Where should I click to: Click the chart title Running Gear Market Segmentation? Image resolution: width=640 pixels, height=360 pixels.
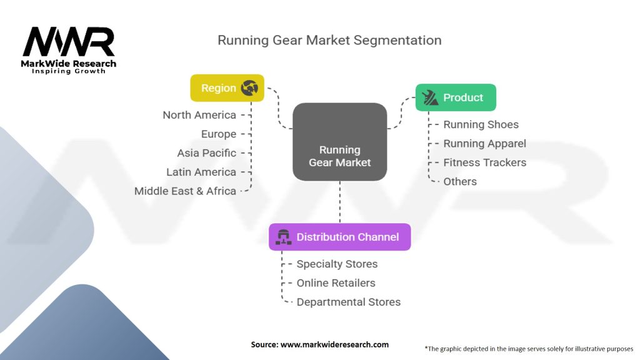pos(329,40)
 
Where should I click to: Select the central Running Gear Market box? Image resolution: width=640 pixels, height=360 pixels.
pos(340,142)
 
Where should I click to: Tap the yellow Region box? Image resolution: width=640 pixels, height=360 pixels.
pos(227,88)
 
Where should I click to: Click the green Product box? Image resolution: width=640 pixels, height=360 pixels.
pos(456,97)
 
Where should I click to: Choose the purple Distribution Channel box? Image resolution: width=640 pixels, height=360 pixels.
pos(339,237)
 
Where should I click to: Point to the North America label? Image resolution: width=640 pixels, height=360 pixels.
pos(199,115)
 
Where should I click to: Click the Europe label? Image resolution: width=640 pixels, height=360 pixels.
pos(219,134)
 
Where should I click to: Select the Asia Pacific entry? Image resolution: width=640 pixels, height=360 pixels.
pos(207,153)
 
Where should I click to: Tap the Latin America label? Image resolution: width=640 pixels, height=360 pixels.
pos(201,172)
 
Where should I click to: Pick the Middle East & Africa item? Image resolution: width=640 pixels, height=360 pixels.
pos(185,191)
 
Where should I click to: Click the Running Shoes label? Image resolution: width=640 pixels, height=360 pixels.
pos(481,124)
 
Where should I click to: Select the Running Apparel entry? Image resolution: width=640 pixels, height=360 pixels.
pos(484,144)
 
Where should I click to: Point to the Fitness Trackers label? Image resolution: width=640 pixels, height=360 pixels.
pos(484,162)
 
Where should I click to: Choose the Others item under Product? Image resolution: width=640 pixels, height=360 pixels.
pos(460,182)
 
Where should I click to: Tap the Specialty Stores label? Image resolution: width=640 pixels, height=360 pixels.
pos(337,264)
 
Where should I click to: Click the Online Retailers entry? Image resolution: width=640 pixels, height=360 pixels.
pos(336,283)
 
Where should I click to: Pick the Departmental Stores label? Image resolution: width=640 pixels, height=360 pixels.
pos(348,302)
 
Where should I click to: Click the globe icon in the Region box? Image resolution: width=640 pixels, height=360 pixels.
pos(250,88)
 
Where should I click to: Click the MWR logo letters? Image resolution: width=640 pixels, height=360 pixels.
pos(69,42)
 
